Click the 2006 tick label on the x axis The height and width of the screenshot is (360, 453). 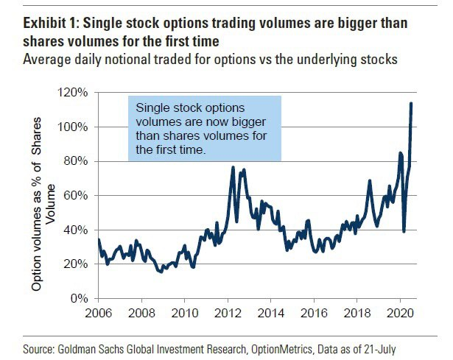[x=98, y=312]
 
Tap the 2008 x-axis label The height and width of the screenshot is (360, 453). [x=141, y=312]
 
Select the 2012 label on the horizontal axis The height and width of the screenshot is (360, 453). [x=227, y=312]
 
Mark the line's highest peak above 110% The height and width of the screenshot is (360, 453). [x=410, y=103]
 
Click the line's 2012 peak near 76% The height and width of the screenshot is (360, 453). [x=233, y=168]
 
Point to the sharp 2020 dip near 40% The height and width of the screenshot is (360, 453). [x=404, y=231]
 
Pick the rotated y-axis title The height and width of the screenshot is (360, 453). [x=43, y=201]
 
